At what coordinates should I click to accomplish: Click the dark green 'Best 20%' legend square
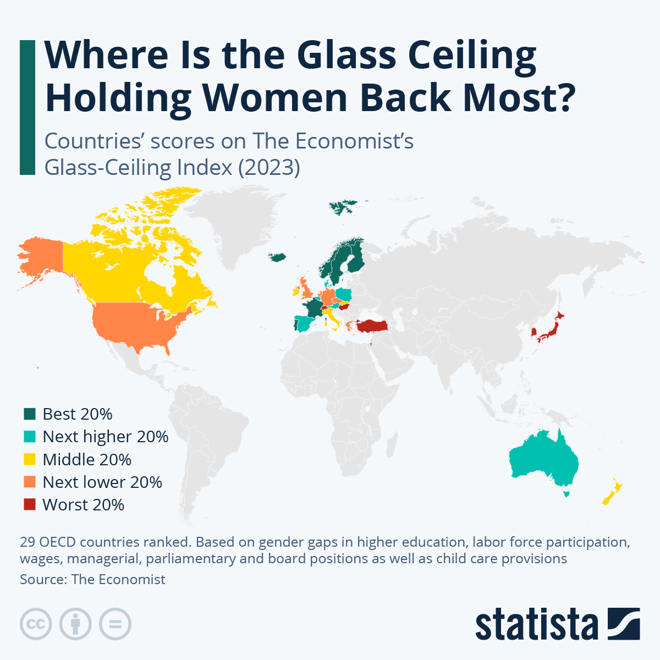pyautogui.click(x=30, y=414)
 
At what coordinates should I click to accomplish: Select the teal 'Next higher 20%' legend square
pyautogui.click(x=30, y=437)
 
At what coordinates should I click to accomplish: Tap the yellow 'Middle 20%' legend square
pyautogui.click(x=30, y=459)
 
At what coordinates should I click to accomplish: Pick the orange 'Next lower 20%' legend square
pyautogui.click(x=30, y=482)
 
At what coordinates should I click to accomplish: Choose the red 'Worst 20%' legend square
pyautogui.click(x=30, y=505)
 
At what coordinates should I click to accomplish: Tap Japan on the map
pyautogui.click(x=550, y=330)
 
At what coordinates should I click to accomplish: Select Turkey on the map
pyautogui.click(x=372, y=326)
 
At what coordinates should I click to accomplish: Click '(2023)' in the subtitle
pyautogui.click(x=269, y=167)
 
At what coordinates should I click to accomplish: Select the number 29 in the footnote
pyautogui.click(x=28, y=542)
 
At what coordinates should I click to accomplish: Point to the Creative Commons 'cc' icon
pyautogui.click(x=36, y=624)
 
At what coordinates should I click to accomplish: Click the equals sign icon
pyautogui.click(x=116, y=624)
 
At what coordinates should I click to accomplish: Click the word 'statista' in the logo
pyautogui.click(x=536, y=624)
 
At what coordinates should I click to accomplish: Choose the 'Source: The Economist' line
pyautogui.click(x=92, y=580)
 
